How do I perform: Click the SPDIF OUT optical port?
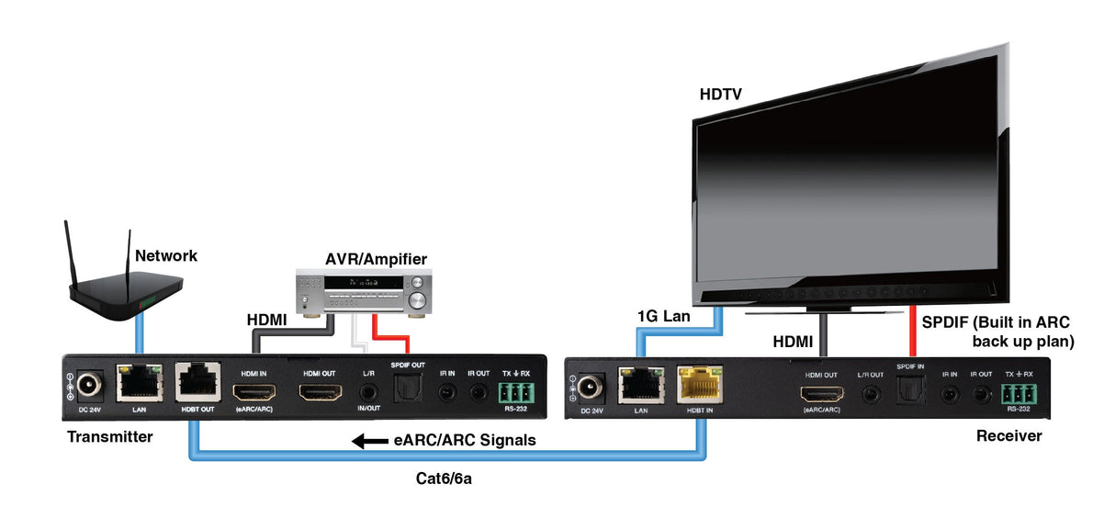pyautogui.click(x=407, y=392)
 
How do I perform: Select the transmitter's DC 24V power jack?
pyautogui.click(x=90, y=385)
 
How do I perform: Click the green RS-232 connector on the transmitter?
pyautogui.click(x=514, y=392)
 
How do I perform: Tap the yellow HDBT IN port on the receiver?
pyautogui.click(x=700, y=386)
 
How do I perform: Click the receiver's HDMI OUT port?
pyautogui.click(x=820, y=396)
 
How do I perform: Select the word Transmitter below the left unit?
pyautogui.click(x=110, y=437)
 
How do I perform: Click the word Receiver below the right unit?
pyautogui.click(x=1008, y=436)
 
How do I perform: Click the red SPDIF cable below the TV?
pyautogui.click(x=911, y=331)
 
